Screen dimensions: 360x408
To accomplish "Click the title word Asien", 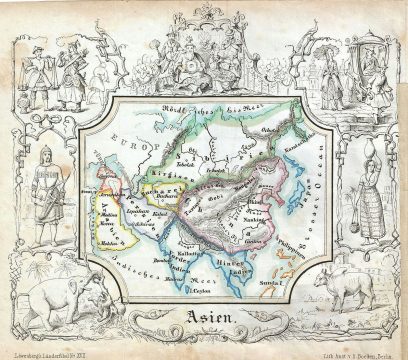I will point(206,321).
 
